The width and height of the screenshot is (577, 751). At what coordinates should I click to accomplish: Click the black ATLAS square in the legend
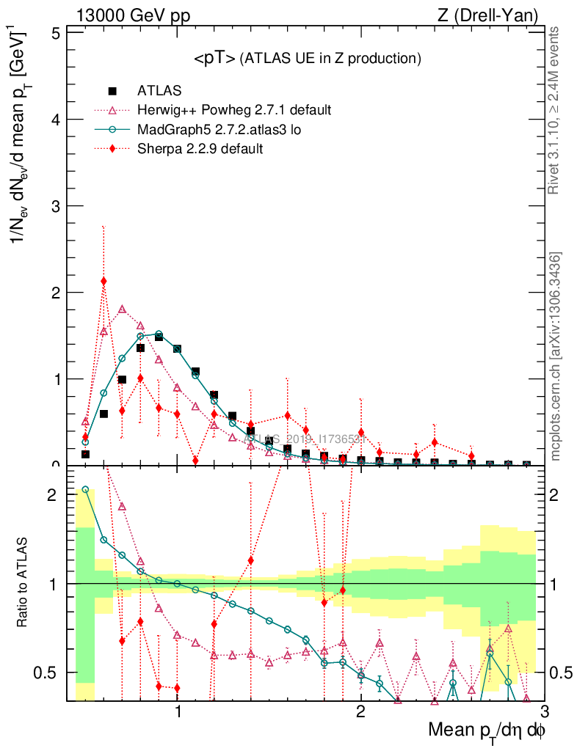click(x=112, y=91)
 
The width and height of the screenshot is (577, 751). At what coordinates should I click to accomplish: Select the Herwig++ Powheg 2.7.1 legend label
click(x=234, y=110)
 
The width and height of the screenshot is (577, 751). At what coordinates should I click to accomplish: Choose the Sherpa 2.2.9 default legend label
click(x=200, y=149)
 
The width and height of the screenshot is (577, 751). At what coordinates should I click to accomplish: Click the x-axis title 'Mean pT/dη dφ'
click(x=487, y=731)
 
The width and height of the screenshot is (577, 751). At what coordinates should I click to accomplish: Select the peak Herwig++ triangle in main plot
click(x=122, y=309)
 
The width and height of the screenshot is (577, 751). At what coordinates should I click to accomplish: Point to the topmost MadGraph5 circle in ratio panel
click(x=85, y=489)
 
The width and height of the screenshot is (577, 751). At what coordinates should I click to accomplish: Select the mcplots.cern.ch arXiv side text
click(x=556, y=356)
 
